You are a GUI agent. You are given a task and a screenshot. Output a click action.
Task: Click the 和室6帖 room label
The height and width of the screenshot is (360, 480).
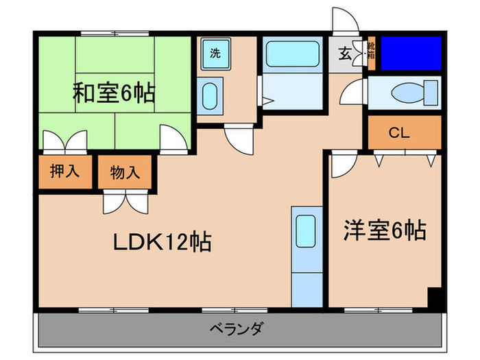pos(114,93)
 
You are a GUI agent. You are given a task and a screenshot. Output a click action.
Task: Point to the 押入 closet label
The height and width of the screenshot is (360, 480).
pos(65,171)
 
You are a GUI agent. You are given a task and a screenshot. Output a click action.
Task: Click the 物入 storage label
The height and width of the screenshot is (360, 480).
pos(125,172)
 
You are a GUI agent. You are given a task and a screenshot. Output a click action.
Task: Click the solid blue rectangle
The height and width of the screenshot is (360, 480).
pos(410,52)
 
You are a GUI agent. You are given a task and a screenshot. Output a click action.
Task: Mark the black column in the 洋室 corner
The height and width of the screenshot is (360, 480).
pos(433,299)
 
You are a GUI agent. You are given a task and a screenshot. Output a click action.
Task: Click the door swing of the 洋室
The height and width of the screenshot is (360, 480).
pos(341,165)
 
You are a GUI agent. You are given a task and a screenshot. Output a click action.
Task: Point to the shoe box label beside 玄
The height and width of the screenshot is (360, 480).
pos(371,51)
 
